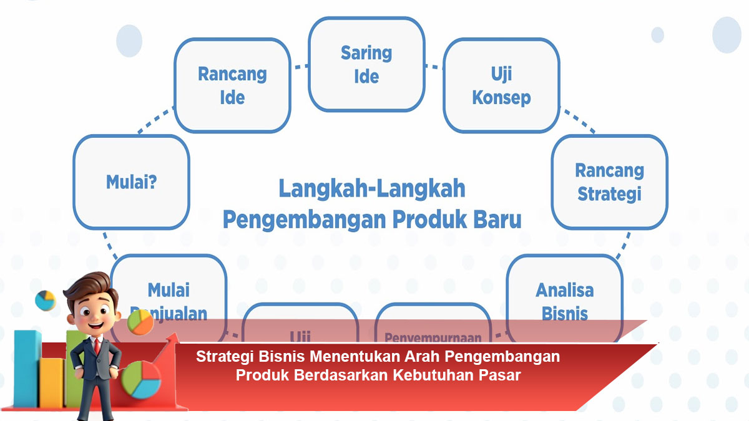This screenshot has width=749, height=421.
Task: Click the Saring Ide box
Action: (x=366, y=64)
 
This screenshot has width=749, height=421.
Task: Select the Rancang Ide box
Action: (x=232, y=85)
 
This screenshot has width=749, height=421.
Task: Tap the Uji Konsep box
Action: (x=501, y=85)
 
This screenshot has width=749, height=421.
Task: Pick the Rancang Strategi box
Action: (x=609, y=181)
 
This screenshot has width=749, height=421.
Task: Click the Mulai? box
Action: (x=131, y=182)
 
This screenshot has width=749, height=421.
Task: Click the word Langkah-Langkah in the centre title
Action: (x=371, y=188)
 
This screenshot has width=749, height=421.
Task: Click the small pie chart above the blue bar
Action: (x=45, y=300)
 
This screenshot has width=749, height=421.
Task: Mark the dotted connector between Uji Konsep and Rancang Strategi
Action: (x=579, y=122)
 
